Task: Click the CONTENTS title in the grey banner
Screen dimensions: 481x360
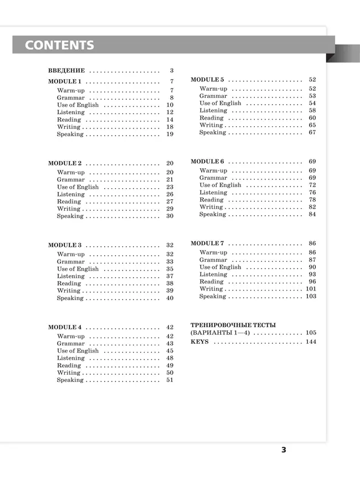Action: click(x=59, y=45)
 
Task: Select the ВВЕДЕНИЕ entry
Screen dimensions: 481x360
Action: click(x=66, y=71)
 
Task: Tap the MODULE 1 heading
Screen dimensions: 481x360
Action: click(x=65, y=81)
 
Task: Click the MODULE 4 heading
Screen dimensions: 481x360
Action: click(x=65, y=327)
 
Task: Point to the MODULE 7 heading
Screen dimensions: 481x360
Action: click(x=207, y=244)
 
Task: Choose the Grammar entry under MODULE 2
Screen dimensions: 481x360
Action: click(x=71, y=180)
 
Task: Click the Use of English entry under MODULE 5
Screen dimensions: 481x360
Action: click(x=220, y=104)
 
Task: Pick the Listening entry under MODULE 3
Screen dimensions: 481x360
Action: click(x=71, y=276)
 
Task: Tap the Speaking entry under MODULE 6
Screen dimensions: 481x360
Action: click(x=213, y=215)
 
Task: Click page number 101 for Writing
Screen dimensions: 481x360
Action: click(x=311, y=289)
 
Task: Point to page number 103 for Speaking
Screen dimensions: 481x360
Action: click(x=311, y=297)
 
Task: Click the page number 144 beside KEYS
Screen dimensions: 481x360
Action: click(x=311, y=342)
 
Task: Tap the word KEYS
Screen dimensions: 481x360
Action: click(x=199, y=342)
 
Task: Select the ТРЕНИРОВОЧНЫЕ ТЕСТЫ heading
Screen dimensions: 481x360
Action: click(x=233, y=325)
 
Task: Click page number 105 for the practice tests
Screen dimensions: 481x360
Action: click(x=311, y=333)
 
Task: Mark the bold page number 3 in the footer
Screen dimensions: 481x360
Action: click(x=284, y=450)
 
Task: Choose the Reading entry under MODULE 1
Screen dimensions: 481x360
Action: click(x=69, y=120)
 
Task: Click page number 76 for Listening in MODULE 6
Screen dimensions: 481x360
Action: click(x=312, y=193)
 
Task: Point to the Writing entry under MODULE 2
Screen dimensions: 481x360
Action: click(x=69, y=209)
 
